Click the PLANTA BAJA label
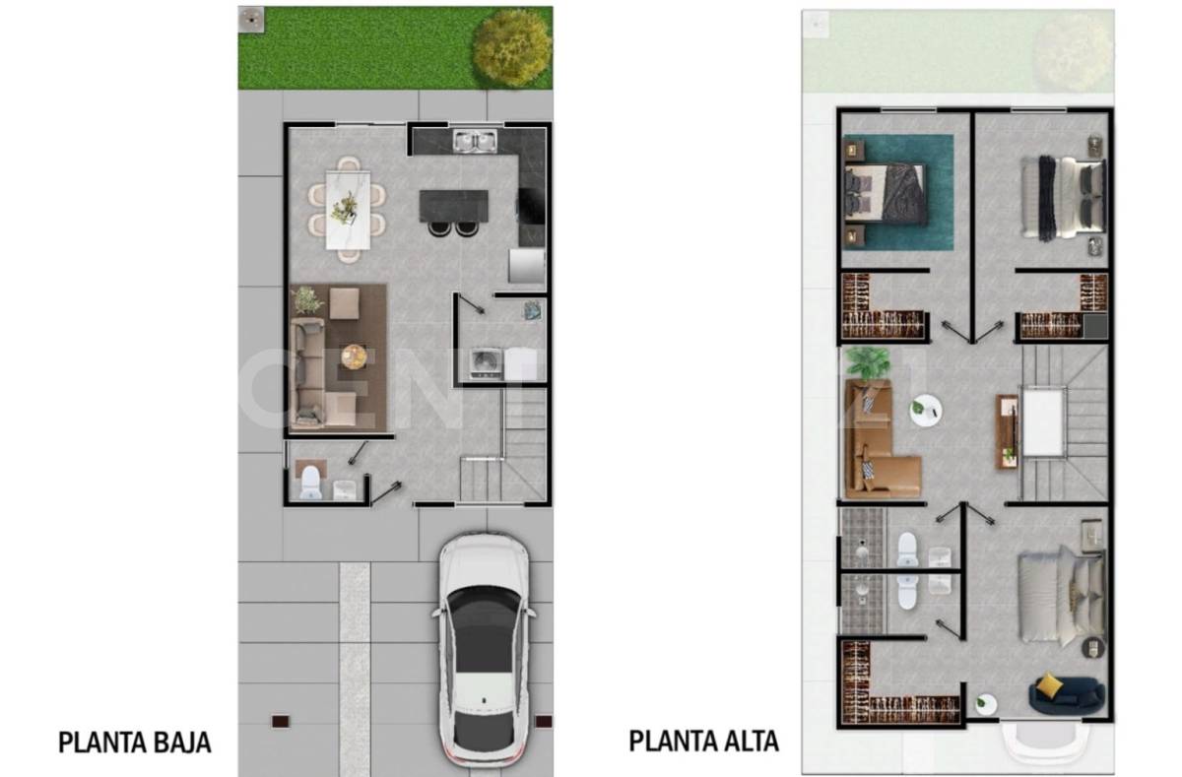(135, 742)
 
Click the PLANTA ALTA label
(704, 740)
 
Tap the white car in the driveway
(484, 650)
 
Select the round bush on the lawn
(511, 46)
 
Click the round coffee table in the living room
(355, 356)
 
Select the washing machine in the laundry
(485, 363)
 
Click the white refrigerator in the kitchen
(526, 266)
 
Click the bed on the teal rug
(885, 193)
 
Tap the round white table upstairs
(926, 411)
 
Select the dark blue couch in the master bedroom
(1067, 693)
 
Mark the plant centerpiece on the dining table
(346, 207)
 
